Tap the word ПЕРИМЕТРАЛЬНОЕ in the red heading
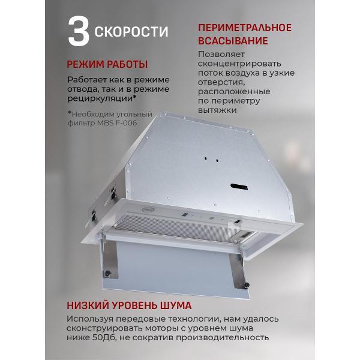click(x=244, y=28)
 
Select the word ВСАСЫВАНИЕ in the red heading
click(x=232, y=41)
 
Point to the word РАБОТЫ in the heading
click(x=128, y=64)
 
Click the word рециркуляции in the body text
click(x=101, y=98)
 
